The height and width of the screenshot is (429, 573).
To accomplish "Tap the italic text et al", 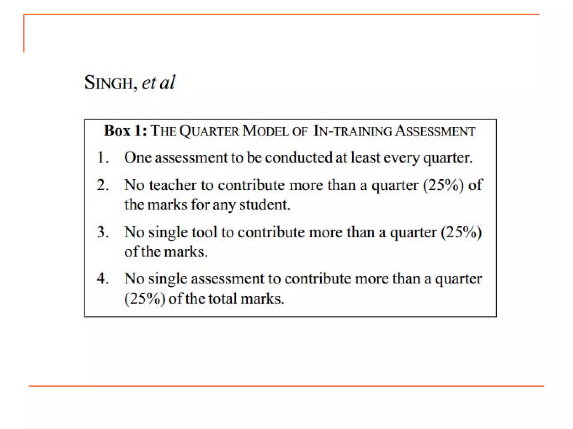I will pos(158,82).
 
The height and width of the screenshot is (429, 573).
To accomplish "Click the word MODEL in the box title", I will pos(265,131).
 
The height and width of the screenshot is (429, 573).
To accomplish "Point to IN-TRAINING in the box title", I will pos(353,131).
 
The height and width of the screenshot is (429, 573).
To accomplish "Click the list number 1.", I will pos(102,158).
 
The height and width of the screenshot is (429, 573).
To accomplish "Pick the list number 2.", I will pos(102,185).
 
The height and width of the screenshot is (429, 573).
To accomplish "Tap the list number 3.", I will pos(102,232).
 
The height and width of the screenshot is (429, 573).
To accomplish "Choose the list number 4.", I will pos(102,278).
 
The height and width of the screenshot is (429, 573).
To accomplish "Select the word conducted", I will pos(299,158).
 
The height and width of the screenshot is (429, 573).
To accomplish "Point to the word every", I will pos(401,158).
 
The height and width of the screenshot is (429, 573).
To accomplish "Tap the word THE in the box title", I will pos(163,131).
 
